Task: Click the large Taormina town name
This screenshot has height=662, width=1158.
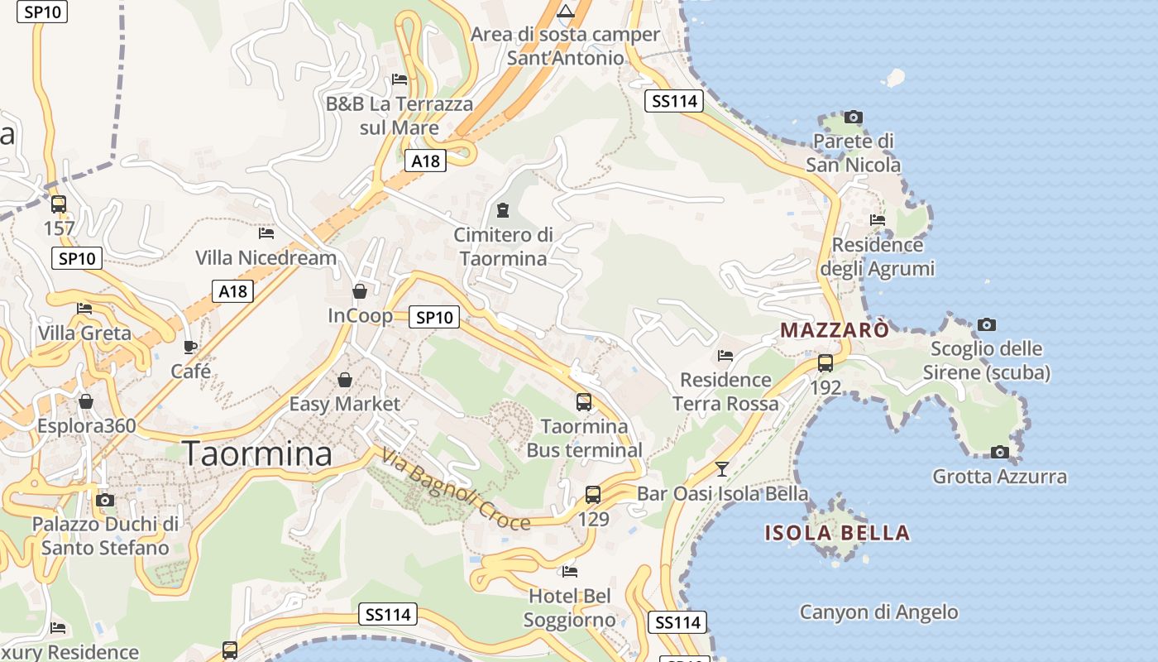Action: pos(257,453)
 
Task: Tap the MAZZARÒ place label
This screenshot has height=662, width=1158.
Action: pos(835,330)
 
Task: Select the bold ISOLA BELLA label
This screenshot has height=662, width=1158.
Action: pos(837,533)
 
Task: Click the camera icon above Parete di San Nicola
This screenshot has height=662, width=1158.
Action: pos(853,118)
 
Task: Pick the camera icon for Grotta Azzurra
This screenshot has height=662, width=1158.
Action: pos(1000,452)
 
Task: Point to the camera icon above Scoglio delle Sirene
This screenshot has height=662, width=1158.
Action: pos(986,324)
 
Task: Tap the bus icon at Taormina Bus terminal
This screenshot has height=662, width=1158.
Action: pos(584,402)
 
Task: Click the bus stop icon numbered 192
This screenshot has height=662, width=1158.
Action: pos(825,362)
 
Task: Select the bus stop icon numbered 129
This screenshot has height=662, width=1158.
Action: pos(593,495)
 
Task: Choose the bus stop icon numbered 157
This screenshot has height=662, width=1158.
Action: pos(59,204)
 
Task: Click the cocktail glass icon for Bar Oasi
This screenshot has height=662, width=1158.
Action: pos(722,469)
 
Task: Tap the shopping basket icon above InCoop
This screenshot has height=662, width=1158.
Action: pos(360,291)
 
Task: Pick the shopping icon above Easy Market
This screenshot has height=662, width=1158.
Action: pos(345,380)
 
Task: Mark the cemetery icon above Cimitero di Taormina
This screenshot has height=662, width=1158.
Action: pos(503,210)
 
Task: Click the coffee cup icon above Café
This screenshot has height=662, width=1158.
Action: pos(190,347)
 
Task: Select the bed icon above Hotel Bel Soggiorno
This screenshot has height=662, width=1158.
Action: pos(569,571)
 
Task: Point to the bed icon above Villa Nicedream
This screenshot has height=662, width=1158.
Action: pos(266,233)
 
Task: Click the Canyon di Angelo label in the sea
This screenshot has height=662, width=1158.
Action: pos(878,612)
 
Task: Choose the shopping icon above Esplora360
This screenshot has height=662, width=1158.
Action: pos(86,401)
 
